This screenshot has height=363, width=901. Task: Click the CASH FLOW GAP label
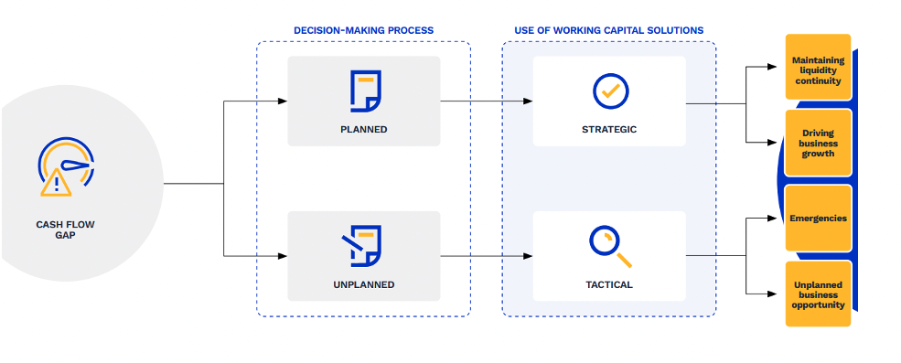65,230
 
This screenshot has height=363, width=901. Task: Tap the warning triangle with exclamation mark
57,183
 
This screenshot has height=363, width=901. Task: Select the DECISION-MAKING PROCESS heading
364,30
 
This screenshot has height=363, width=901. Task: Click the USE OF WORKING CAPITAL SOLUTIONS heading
608,30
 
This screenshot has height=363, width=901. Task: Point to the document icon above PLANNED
366,91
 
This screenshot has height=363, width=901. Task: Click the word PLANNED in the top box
364,130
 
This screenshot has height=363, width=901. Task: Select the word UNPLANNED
364,285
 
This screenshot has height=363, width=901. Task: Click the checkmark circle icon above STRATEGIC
611,91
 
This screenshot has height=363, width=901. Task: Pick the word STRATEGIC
609,130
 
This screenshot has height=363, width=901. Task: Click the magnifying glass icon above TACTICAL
610,247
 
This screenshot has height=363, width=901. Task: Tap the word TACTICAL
609,285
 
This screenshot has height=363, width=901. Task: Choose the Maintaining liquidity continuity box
819,67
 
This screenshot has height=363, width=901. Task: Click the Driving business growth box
819,143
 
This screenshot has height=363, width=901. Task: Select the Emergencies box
819,219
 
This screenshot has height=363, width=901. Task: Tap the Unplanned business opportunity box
819,294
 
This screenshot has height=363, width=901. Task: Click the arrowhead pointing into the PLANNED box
282,101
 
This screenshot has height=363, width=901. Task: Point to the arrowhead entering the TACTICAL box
528,256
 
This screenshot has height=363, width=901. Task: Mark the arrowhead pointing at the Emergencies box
772,219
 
